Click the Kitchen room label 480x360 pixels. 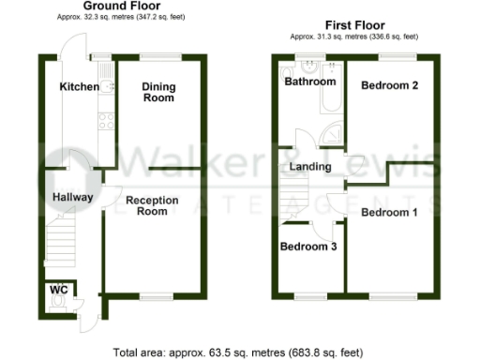coord(79,87)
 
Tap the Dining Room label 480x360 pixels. coord(158,94)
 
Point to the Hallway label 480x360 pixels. coord(71,197)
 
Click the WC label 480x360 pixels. coord(58,290)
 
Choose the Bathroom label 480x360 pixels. coord(310,82)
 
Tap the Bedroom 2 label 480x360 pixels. coord(389,85)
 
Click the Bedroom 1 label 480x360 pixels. coord(389,213)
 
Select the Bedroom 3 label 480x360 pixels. coord(308,247)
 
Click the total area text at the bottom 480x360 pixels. coord(239,352)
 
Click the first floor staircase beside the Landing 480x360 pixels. coord(292,198)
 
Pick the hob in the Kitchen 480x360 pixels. coord(106,119)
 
